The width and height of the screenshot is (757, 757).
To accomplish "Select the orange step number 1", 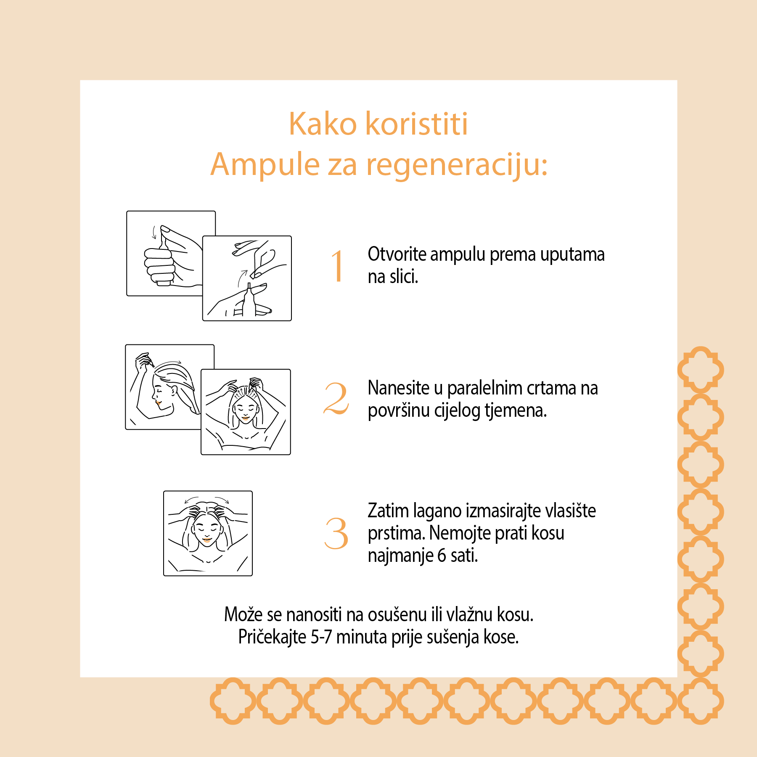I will click(x=338, y=266).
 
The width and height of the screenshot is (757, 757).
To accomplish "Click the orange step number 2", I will click(x=336, y=398).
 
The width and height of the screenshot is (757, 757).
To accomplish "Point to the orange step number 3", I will click(x=336, y=534).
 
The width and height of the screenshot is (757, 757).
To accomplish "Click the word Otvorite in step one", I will click(x=397, y=254).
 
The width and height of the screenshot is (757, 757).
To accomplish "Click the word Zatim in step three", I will click(x=388, y=511).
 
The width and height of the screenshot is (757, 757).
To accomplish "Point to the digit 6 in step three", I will click(x=441, y=556).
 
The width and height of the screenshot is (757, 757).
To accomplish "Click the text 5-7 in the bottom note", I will click(x=321, y=637).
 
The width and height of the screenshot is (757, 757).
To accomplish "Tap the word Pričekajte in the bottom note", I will click(x=272, y=637).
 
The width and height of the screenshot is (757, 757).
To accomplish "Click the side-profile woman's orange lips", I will click(x=158, y=403).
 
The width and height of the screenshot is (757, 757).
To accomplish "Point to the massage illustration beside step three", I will click(x=208, y=533).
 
